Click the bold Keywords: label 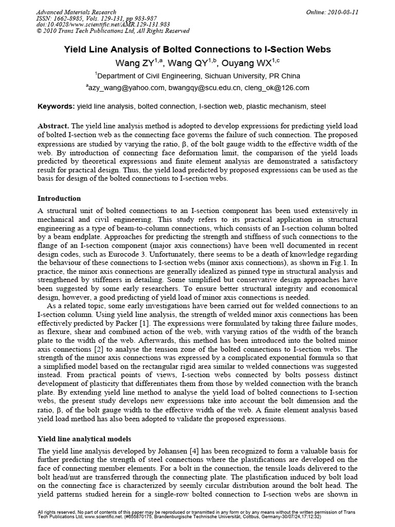tap(57, 107)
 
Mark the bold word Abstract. tap(54, 126)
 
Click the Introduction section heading tap(60, 198)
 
